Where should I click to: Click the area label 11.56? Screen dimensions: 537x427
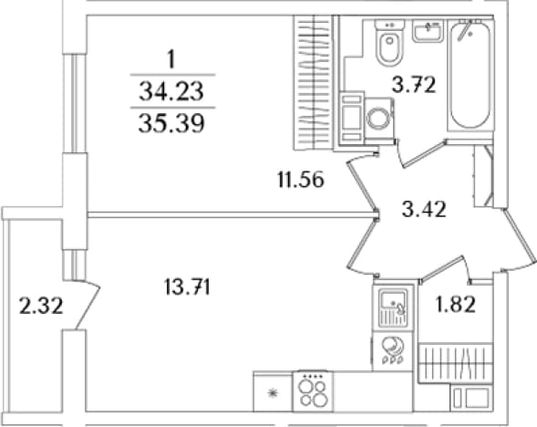point(301,180)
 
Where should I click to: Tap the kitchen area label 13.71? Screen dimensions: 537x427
point(187,287)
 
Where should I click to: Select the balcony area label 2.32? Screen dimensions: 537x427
point(41,306)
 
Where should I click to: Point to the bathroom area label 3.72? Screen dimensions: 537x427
point(414,85)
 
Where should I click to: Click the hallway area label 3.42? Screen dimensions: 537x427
point(424,209)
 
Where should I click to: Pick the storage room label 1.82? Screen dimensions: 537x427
point(455,304)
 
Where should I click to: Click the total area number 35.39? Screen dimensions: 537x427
point(171,123)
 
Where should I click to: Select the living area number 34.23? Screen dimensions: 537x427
point(171,91)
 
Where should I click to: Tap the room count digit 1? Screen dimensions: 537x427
point(171,59)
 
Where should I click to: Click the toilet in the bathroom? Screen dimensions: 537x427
point(389,42)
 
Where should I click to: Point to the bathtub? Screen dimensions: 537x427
point(470,75)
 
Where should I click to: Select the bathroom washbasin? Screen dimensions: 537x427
point(428,30)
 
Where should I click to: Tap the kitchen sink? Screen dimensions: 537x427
point(394,307)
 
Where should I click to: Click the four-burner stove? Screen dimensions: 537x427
point(313,391)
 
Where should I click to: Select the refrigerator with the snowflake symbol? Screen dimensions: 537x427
point(273,391)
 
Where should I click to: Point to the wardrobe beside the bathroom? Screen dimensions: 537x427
point(314,82)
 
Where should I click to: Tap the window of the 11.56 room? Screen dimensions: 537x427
point(73,103)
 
